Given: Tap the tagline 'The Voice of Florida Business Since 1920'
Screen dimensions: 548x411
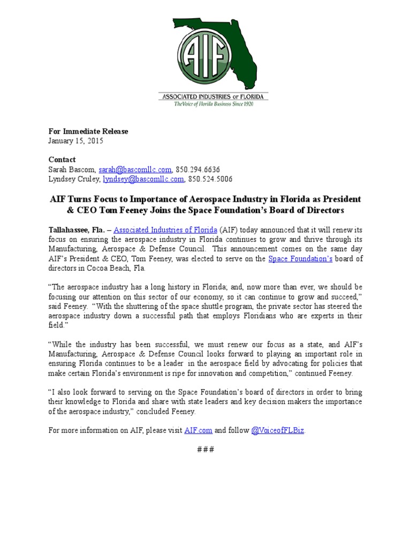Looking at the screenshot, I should pyautogui.click(x=214, y=104).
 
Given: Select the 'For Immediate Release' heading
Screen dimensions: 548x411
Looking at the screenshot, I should pyautogui.click(x=88, y=131).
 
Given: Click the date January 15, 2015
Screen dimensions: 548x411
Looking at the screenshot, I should pyautogui.click(x=75, y=141).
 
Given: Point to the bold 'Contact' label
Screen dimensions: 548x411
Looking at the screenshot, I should pyautogui.click(x=62, y=159).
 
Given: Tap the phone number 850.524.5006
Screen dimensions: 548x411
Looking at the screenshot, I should pyautogui.click(x=210, y=179).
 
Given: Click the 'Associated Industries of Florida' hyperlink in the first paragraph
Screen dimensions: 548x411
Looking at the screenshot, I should pyautogui.click(x=165, y=230).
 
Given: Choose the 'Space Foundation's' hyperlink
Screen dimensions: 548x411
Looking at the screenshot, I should pyautogui.click(x=300, y=259).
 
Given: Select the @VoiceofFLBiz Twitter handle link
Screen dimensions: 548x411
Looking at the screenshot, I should pyautogui.click(x=278, y=430).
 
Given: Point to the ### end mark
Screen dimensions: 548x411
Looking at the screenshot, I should pyautogui.click(x=205, y=449).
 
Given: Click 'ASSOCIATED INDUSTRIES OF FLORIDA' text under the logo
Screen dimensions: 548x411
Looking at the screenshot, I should pyautogui.click(x=214, y=96).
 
